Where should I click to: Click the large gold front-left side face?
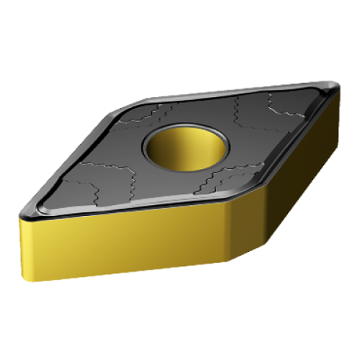[x=125, y=242]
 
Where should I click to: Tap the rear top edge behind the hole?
[x=220, y=92]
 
